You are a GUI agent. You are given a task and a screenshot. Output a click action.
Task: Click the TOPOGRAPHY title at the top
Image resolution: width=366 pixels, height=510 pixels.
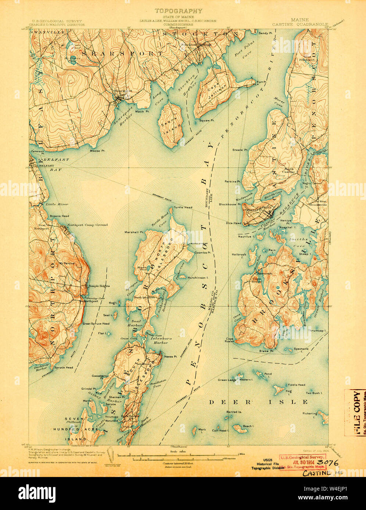tap(178, 11)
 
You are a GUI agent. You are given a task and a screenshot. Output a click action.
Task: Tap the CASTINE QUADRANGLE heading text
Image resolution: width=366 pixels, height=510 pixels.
tap(300, 25)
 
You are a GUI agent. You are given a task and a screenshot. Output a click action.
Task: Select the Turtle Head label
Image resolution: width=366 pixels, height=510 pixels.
tap(183, 207)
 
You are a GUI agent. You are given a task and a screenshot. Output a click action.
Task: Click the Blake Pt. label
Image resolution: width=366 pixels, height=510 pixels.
tap(266, 351)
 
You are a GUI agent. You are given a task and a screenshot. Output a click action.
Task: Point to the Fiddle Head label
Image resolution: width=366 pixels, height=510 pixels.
tap(296, 385)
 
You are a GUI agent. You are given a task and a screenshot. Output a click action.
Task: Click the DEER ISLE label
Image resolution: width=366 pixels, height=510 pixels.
tap(258, 402)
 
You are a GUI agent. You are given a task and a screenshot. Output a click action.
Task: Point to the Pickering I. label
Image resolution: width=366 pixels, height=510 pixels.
tap(309, 414)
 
